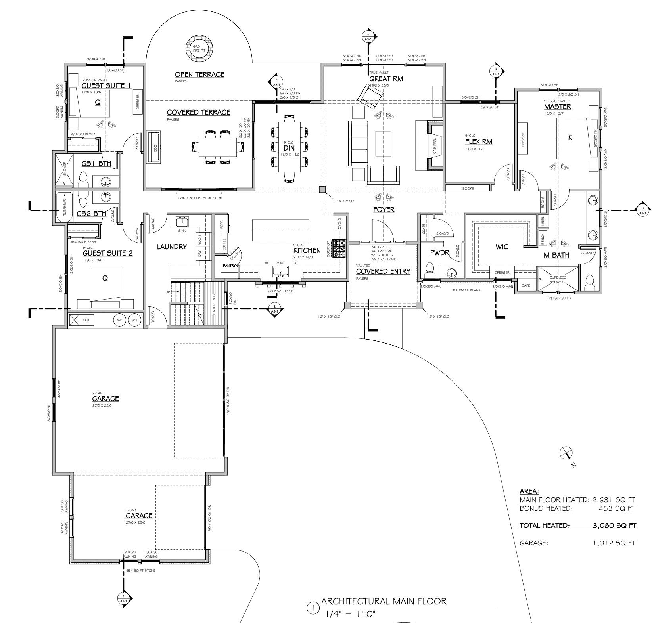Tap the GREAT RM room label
tap(386, 79)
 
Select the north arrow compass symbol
tap(566, 453)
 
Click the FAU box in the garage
tap(82, 320)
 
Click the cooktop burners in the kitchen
tap(339, 248)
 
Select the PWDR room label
tap(440, 252)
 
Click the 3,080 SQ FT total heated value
tap(614, 526)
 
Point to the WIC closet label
tap(502, 247)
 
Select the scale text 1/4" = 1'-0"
tap(350, 614)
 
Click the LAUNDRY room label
tap(172, 247)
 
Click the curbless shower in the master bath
tap(558, 280)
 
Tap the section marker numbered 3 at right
tap(642, 210)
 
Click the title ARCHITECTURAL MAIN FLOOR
tap(384, 601)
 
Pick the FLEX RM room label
tap(479, 141)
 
